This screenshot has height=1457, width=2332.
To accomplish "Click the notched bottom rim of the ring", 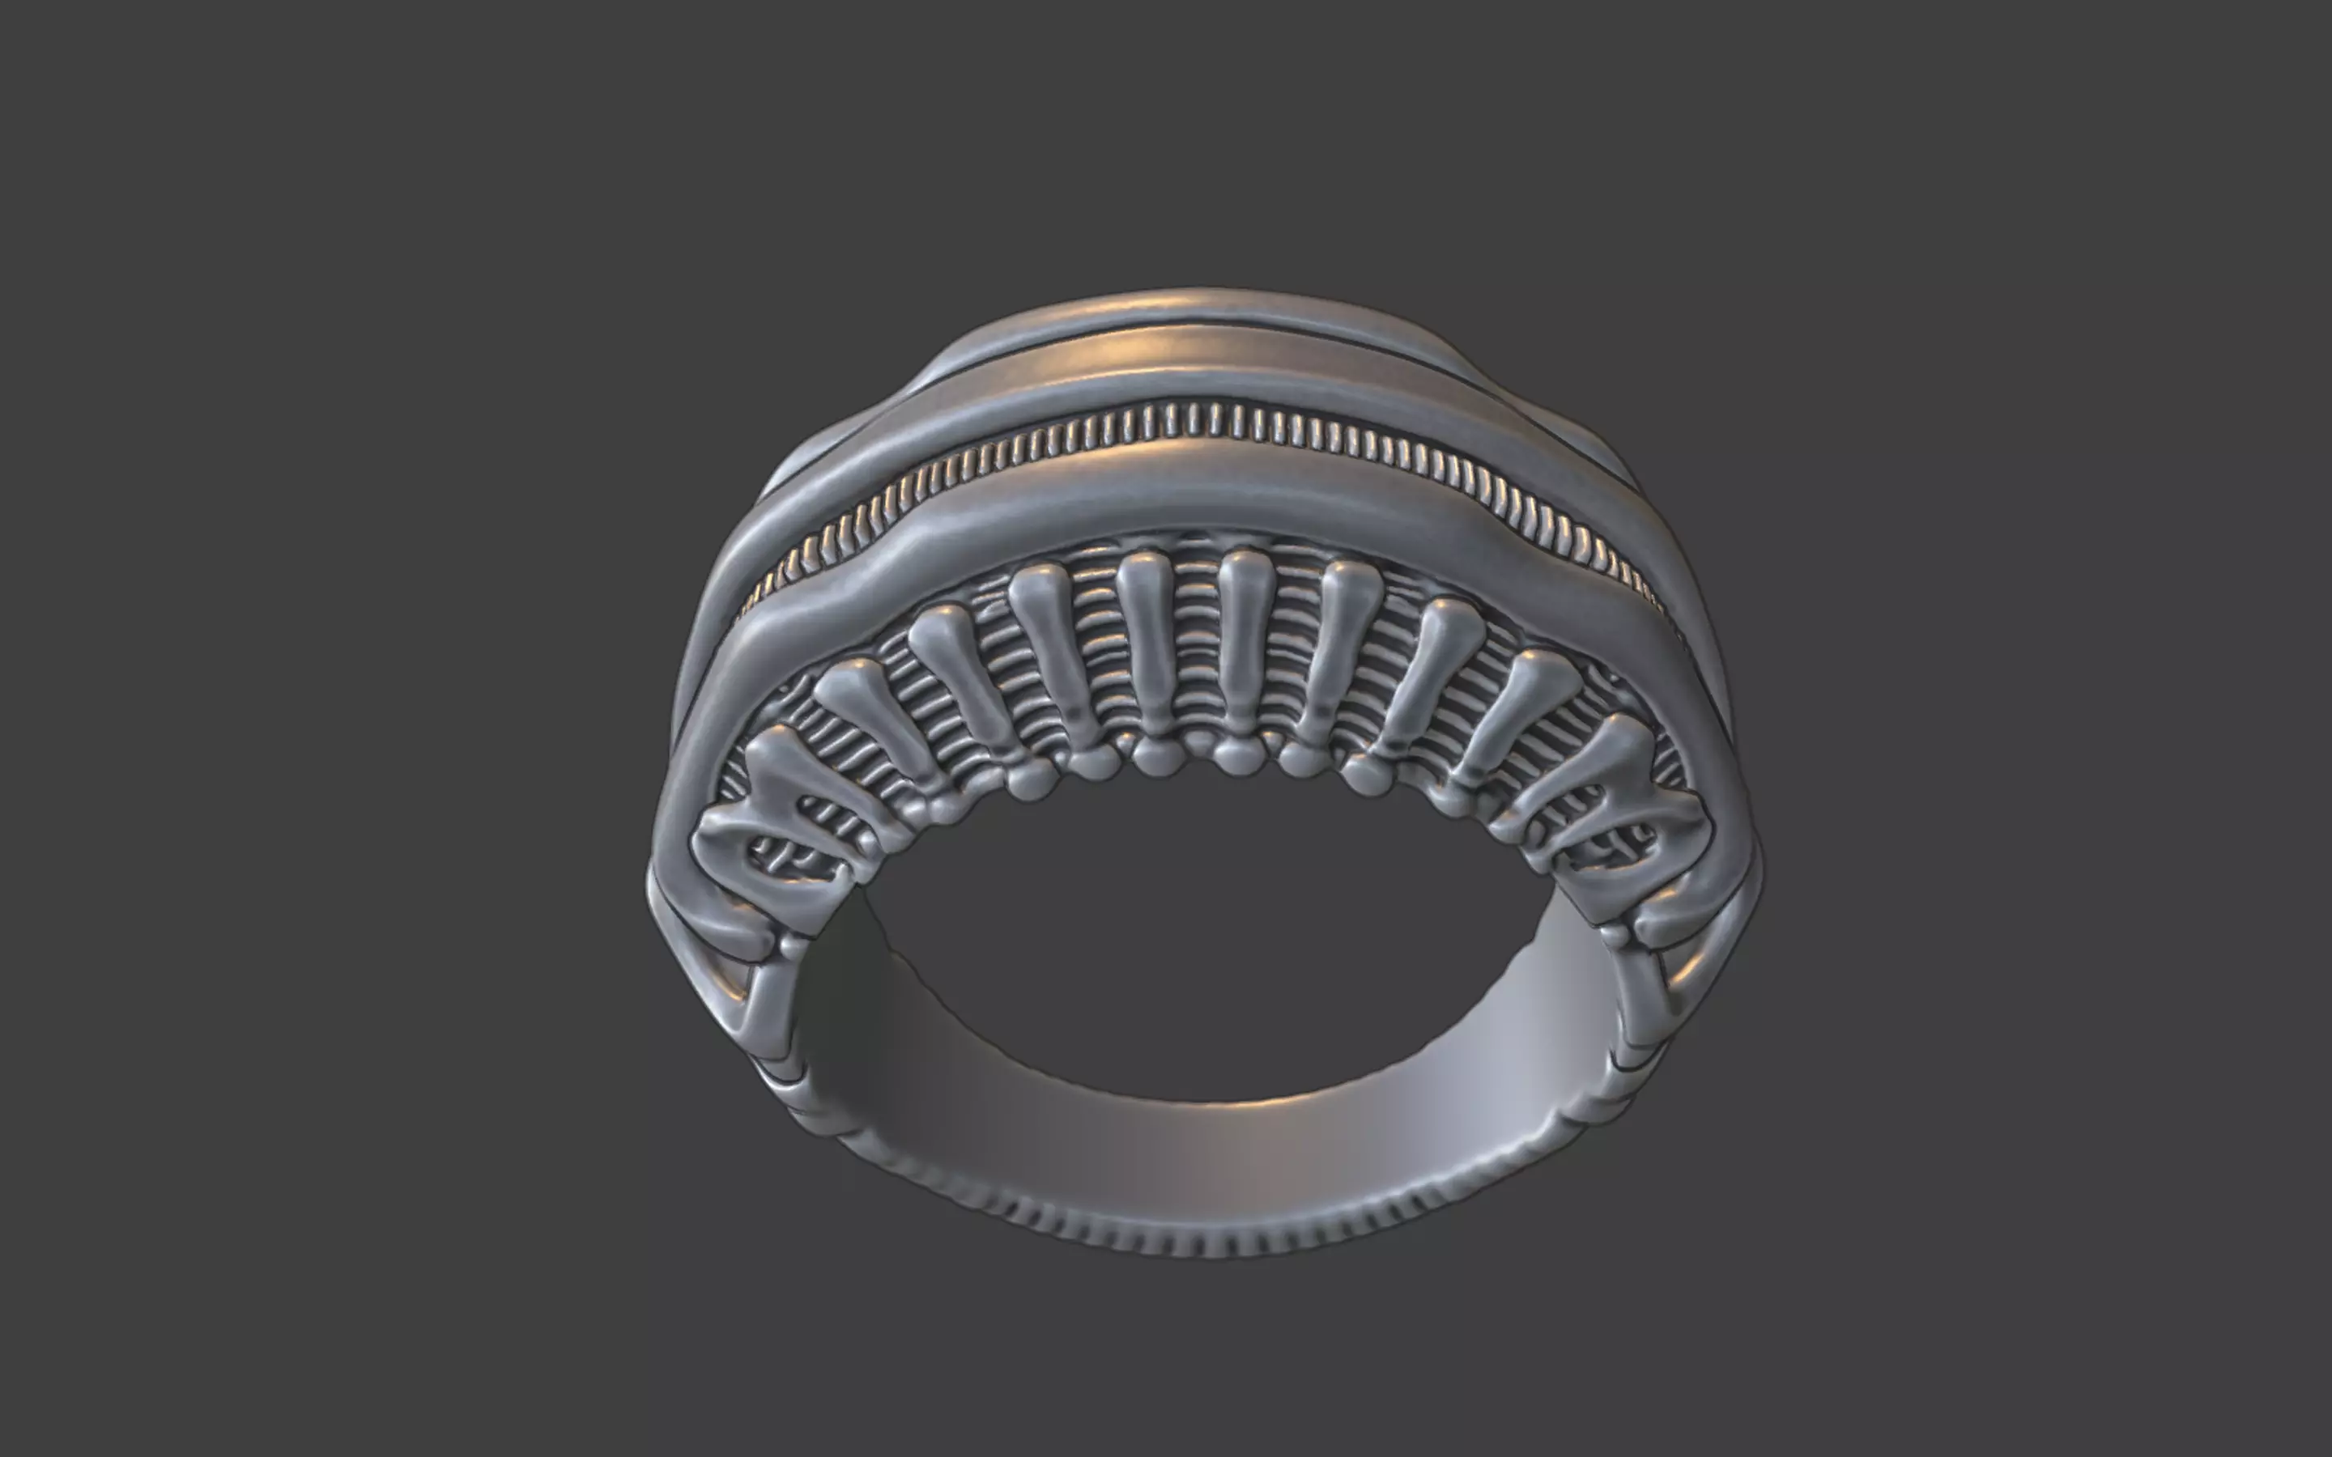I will pyautogui.click(x=1205, y=1238).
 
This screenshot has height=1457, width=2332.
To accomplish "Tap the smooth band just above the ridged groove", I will pyautogui.click(x=1205, y=371).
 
